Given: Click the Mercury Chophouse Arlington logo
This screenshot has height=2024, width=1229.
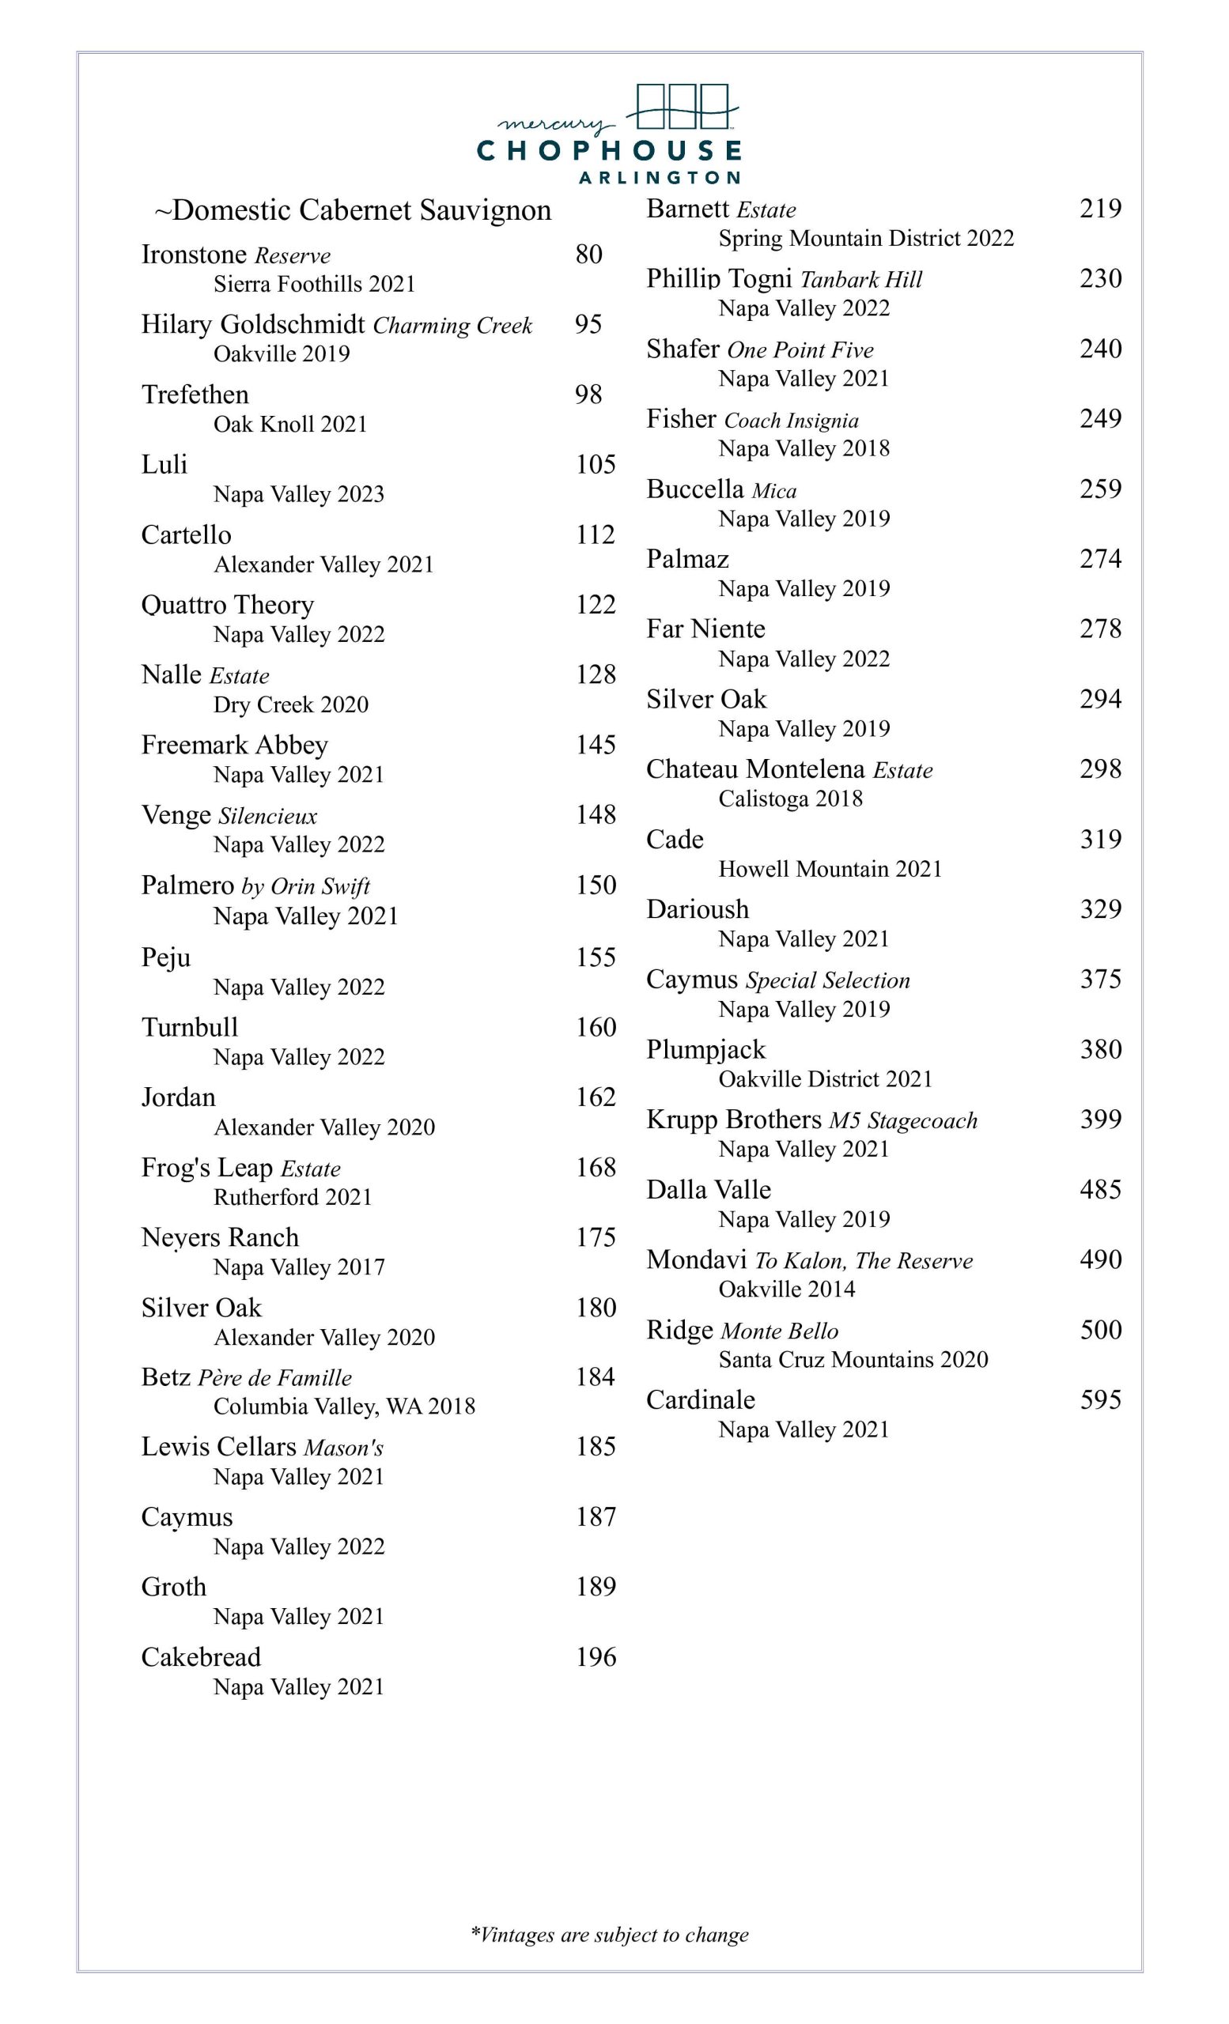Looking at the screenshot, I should pos(617,134).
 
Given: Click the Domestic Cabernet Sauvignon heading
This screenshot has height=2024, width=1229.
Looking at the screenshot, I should pos(354,210).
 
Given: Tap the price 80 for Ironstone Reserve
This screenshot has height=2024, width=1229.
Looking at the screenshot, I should pos(588,255).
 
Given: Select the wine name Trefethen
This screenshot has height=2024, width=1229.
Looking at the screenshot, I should pos(195,395).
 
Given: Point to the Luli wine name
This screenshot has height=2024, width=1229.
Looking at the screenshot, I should pos(164,465).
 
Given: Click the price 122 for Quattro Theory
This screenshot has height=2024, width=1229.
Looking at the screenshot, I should pos(595,605).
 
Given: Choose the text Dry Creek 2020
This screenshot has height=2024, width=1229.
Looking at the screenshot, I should pos(291,704).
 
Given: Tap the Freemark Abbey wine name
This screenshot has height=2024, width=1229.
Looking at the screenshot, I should pos(234,745).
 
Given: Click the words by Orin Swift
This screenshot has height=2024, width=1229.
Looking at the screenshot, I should pos(304,886).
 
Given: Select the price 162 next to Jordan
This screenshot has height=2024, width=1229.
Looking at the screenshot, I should pos(595,1097).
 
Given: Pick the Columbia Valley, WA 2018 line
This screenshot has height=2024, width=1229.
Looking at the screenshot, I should pos(344,1407).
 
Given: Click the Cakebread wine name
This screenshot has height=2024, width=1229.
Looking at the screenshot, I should pos(200,1657).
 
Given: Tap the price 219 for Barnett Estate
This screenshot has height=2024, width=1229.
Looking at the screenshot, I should pos(1100,209).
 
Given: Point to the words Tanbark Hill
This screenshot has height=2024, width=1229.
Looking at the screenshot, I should pos(861,280).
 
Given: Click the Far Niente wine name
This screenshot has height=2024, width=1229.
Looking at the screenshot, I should pos(705,629).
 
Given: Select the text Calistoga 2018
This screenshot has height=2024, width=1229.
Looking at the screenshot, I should pos(790,799).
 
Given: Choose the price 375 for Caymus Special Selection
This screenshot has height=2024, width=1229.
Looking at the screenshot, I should pos(1100,979).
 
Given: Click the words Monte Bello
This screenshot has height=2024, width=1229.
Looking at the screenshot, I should pos(779,1331).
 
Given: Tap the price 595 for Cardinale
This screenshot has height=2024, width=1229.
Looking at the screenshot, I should pos(1100,1399).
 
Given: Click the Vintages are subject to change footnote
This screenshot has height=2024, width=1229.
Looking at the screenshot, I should pos(610,1935).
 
